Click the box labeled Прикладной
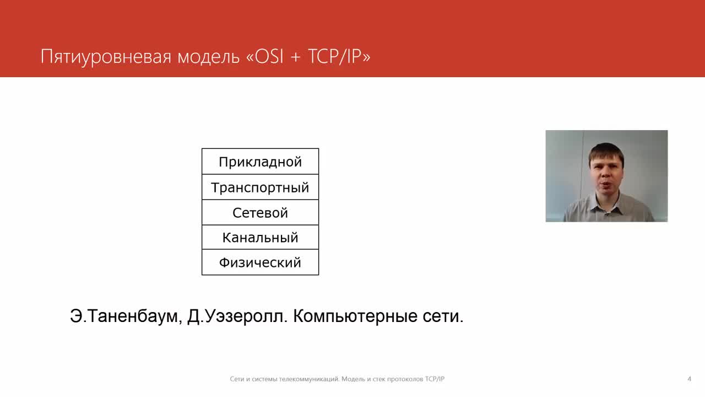tap(260, 162)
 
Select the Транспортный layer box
tap(260, 187)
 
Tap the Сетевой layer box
tap(260, 212)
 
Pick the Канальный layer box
tap(260, 237)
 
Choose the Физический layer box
tap(260, 262)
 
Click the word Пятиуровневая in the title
tap(106, 57)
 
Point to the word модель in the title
tap(208, 57)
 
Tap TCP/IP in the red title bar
tap(334, 56)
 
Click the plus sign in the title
tap(296, 57)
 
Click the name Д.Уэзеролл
tap(237, 316)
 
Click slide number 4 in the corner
tap(689, 379)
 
